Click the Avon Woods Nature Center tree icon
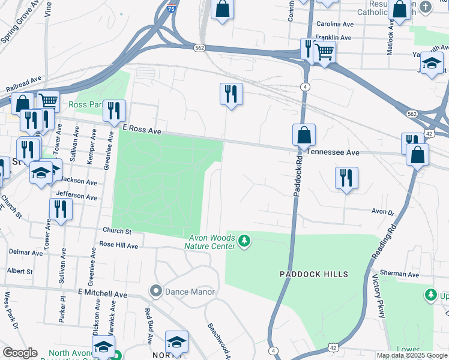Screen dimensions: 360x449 pyautogui.click(x=244, y=241)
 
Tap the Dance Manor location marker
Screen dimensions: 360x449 pyautogui.click(x=156, y=292)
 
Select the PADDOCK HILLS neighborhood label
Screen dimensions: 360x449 pyautogui.click(x=313, y=274)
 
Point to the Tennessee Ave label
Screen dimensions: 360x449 pyautogui.click(x=333, y=153)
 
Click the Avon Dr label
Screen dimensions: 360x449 pyautogui.click(x=382, y=212)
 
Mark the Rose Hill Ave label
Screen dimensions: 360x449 pyautogui.click(x=119, y=245)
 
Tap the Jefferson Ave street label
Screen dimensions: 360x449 pyautogui.click(x=76, y=196)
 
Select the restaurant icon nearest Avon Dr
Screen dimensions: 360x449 pyautogui.click(x=346, y=178)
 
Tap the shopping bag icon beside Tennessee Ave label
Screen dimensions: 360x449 pyautogui.click(x=304, y=134)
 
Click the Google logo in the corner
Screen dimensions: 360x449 pyautogui.click(x=20, y=353)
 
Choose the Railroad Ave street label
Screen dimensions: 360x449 pyautogui.click(x=23, y=83)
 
